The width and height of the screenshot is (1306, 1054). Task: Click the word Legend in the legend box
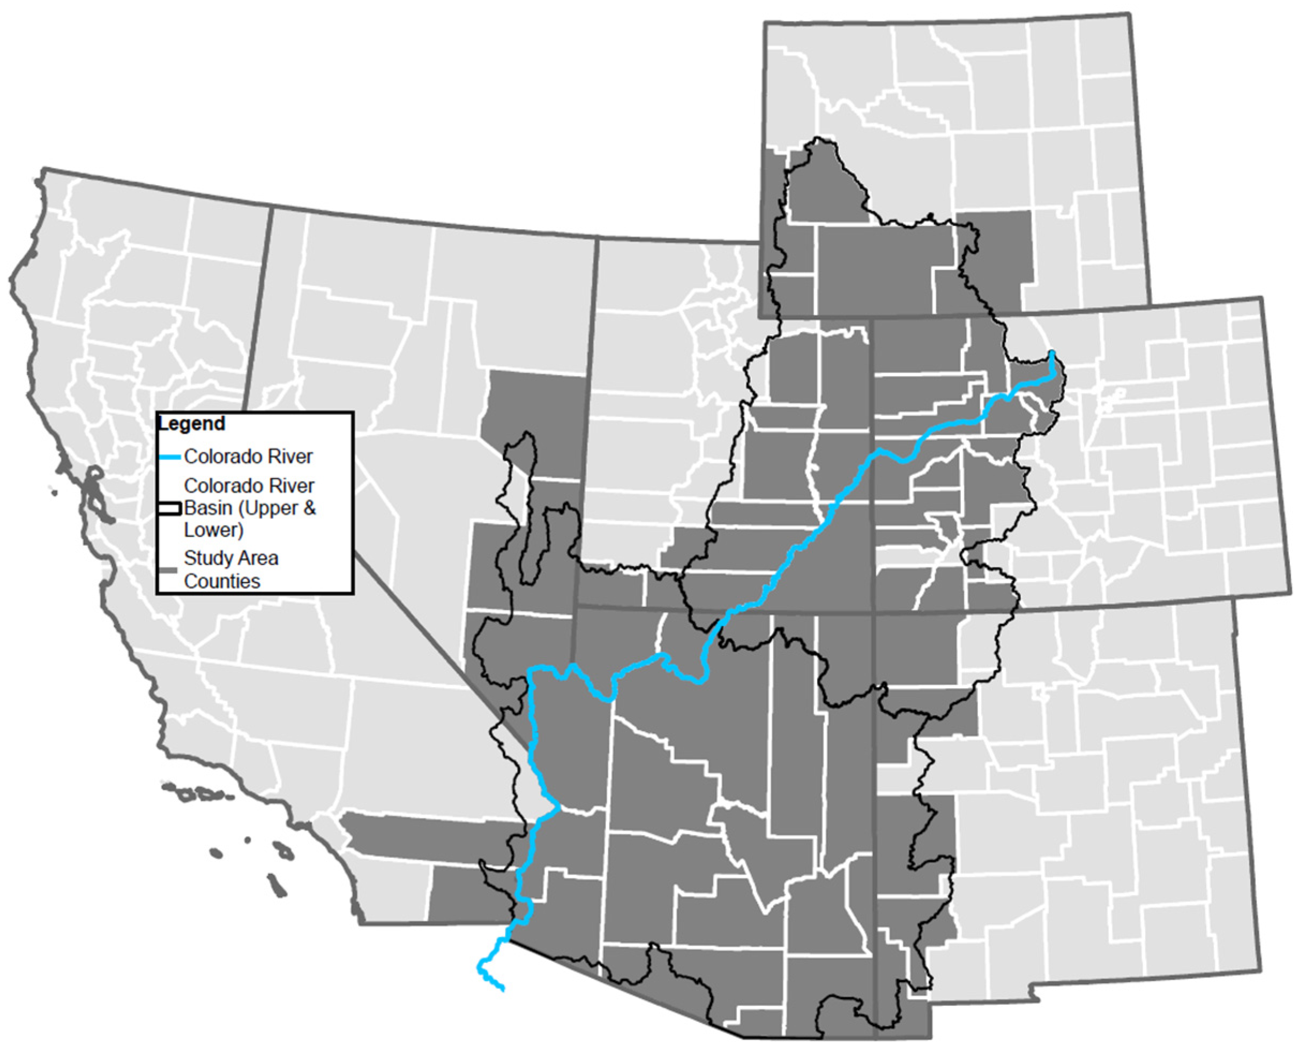pyautogui.click(x=191, y=423)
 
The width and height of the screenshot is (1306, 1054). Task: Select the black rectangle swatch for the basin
pyautogui.click(x=169, y=508)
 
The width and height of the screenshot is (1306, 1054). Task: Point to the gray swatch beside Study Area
pyautogui.click(x=169, y=570)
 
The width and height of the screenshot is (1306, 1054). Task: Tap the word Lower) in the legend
pyautogui.click(x=213, y=530)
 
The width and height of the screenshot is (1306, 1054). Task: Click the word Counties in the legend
pyautogui.click(x=222, y=581)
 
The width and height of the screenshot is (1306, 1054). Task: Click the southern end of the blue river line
pyautogui.click(x=503, y=990)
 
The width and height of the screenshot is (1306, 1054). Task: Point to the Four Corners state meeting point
pyautogui.click(x=874, y=612)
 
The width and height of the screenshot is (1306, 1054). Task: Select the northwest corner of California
pyautogui.click(x=44, y=169)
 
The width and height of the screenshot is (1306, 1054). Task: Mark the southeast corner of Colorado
pyautogui.click(x=1290, y=594)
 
